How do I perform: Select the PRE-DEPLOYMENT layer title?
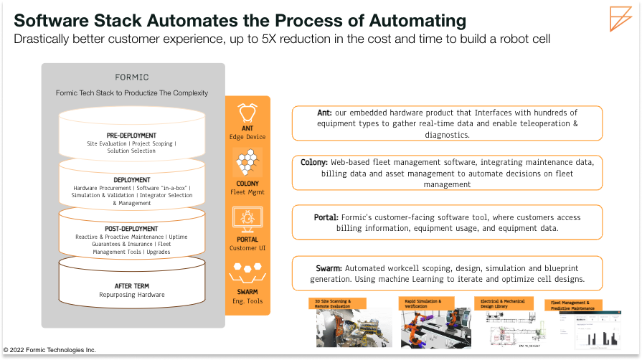(x=131, y=135)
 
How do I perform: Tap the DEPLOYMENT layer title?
(x=131, y=180)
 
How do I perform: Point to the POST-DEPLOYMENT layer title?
(x=131, y=229)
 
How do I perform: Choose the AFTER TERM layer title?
(x=131, y=285)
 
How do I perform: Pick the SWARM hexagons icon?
(x=247, y=273)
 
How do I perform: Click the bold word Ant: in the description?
(x=325, y=113)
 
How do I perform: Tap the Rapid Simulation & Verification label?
(x=423, y=303)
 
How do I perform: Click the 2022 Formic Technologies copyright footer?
(x=50, y=350)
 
